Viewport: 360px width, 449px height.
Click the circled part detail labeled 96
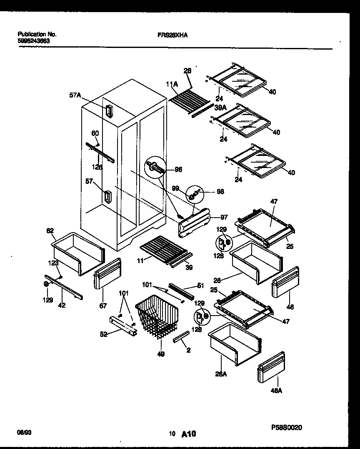pyautogui.click(x=155, y=168)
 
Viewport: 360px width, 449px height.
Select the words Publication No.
pyautogui.click(x=37, y=34)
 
